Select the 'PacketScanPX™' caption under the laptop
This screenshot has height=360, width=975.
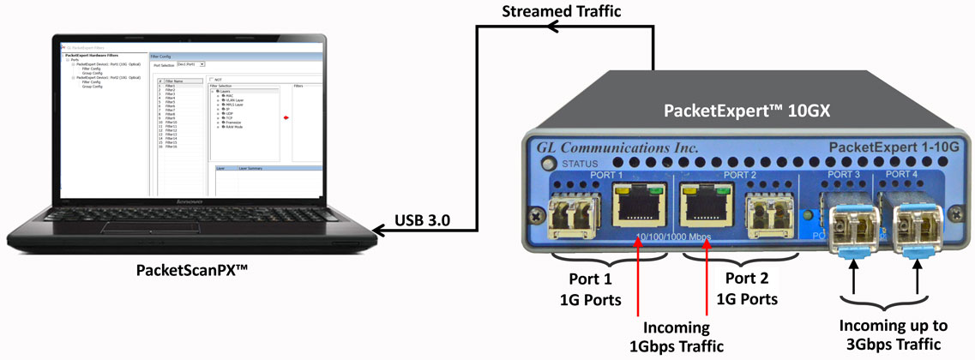pyautogui.click(x=193, y=270)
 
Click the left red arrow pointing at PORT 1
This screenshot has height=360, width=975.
pyautogui.click(x=639, y=274)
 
